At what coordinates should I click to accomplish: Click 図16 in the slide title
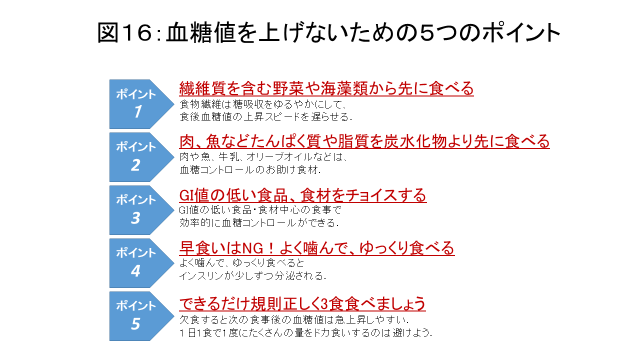click(x=125, y=33)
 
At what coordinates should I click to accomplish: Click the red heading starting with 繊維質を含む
click(x=326, y=88)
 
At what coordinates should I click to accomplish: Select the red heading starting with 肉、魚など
click(x=364, y=141)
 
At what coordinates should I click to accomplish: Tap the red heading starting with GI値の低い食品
click(x=302, y=195)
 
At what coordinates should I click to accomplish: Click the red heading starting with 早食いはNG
click(x=316, y=248)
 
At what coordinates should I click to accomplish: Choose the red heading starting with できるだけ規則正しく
click(x=302, y=303)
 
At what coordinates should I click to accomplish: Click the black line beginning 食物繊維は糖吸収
click(x=263, y=104)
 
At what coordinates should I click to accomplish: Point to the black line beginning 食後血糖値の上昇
click(x=265, y=117)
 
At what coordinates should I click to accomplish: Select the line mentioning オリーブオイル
click(x=263, y=157)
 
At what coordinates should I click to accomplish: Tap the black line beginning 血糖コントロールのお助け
click(x=250, y=170)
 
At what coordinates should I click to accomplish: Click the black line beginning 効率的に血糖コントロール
click(x=259, y=222)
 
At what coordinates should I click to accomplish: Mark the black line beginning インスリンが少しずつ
click(x=252, y=275)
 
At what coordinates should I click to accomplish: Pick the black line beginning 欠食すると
click(x=294, y=319)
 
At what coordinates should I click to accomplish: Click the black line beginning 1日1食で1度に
click(x=305, y=333)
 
